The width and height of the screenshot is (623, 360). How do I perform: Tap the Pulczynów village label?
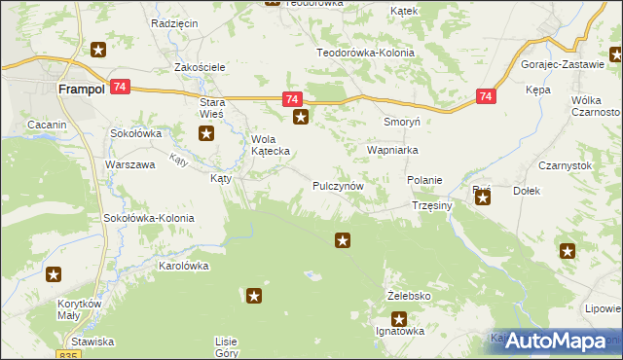click(339, 185)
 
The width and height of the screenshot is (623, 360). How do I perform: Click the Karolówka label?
click(185, 265)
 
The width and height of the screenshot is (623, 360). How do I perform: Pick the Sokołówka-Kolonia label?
click(149, 218)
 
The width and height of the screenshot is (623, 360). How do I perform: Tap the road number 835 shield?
click(68, 356)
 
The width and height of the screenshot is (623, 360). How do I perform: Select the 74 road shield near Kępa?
click(488, 96)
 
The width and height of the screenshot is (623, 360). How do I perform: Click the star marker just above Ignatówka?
click(399, 318)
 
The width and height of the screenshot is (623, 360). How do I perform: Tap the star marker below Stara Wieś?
click(206, 134)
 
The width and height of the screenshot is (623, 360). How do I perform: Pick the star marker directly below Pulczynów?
click(343, 239)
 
